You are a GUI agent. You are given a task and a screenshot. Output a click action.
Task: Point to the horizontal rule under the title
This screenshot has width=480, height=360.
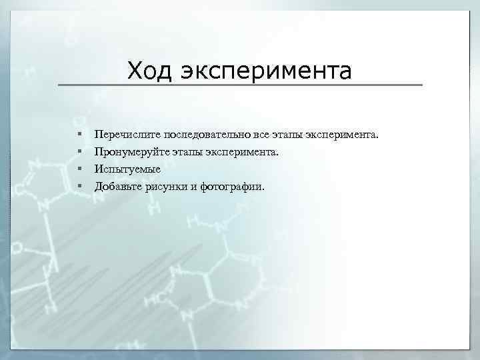click(240, 85)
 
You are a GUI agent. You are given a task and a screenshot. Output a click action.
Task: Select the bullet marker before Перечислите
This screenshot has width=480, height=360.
click(79, 135)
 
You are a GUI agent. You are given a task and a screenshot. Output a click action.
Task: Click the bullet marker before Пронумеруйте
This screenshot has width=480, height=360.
click(79, 152)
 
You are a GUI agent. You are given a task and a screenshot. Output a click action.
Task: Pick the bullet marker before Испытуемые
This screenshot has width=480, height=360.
click(79, 169)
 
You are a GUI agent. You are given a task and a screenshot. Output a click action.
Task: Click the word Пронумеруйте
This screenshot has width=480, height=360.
click(130, 153)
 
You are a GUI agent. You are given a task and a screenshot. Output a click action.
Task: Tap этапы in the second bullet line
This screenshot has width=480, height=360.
click(185, 153)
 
